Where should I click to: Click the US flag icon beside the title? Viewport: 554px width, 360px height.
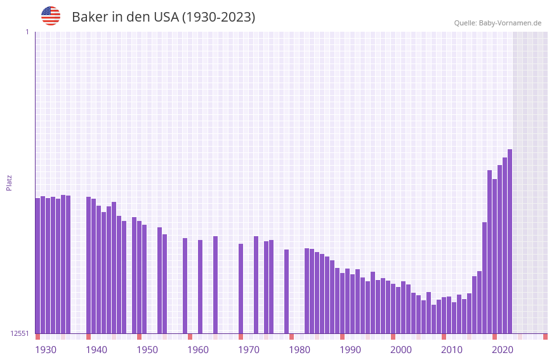[x=51, y=16]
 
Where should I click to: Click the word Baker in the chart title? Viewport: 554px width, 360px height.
[x=90, y=17]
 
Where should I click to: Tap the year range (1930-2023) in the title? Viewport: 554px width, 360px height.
[x=218, y=17]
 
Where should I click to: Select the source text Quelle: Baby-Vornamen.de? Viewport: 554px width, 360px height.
[x=498, y=23]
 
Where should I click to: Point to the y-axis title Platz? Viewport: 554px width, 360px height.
[x=9, y=182]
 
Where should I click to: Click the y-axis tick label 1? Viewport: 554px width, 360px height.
[x=27, y=32]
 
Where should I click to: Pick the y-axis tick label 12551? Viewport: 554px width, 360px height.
[x=20, y=333]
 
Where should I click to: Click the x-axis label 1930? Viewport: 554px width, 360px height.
[x=46, y=350]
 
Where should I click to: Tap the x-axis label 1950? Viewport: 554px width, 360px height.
[x=147, y=350]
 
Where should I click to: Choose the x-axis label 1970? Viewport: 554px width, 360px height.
[x=249, y=350]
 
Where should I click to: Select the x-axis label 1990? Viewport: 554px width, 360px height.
[x=350, y=350]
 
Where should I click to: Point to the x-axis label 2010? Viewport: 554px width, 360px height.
[x=452, y=350]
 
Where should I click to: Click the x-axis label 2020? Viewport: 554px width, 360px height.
[x=503, y=350]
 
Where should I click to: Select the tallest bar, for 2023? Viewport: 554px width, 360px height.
[x=510, y=241]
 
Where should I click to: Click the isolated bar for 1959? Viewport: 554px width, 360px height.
[x=185, y=286]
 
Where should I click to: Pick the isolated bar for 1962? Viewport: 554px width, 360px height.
[x=200, y=286]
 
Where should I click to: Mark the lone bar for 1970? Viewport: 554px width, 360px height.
[x=241, y=288]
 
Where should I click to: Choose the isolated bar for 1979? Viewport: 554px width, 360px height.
[x=286, y=291]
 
